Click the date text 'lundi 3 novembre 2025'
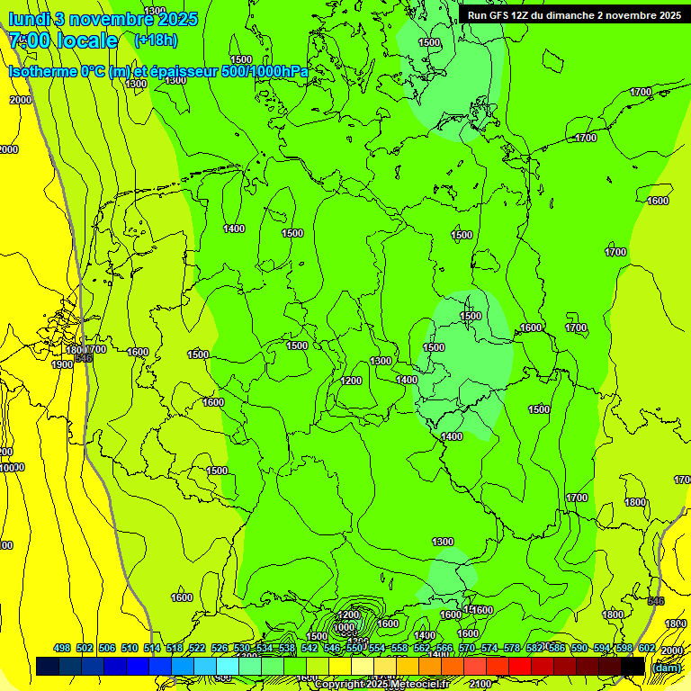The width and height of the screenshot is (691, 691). coord(103,19)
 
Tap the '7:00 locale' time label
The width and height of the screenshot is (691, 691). coord(63,40)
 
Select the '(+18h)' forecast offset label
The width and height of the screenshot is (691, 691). coord(156,40)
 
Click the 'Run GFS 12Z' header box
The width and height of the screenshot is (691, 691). coord(574,15)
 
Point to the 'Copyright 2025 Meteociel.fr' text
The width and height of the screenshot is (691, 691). coord(381,685)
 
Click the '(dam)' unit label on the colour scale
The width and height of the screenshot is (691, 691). coord(666,667)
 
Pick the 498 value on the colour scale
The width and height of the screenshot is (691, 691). coord(62,648)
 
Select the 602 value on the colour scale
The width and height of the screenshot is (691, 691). coord(646,648)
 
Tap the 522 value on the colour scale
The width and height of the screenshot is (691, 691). coord(197,648)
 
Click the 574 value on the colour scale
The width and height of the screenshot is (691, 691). coord(489,648)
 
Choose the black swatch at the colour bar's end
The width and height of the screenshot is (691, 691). coord(633,667)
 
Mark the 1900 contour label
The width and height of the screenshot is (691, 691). coord(62,364)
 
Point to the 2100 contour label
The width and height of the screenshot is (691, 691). coord(480,685)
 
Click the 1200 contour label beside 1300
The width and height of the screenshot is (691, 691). coord(351,381)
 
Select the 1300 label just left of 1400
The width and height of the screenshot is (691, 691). coord(381,361)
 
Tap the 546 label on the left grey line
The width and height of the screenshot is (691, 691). coord(83,358)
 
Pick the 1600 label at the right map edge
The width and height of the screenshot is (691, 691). coord(658,201)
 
